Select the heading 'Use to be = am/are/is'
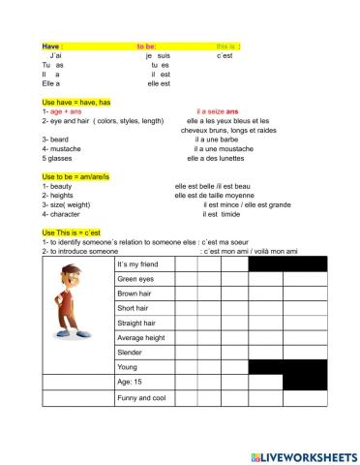(x=80, y=175)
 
